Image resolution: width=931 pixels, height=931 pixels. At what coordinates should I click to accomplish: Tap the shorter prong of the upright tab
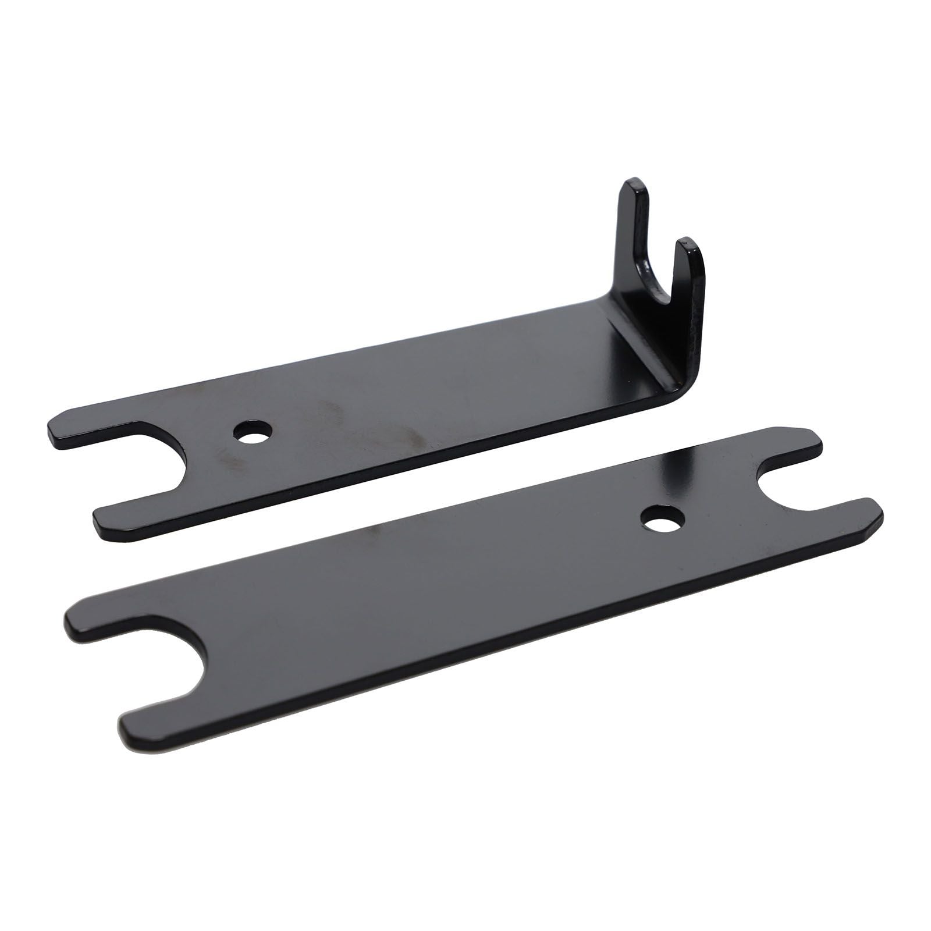coord(690,273)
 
